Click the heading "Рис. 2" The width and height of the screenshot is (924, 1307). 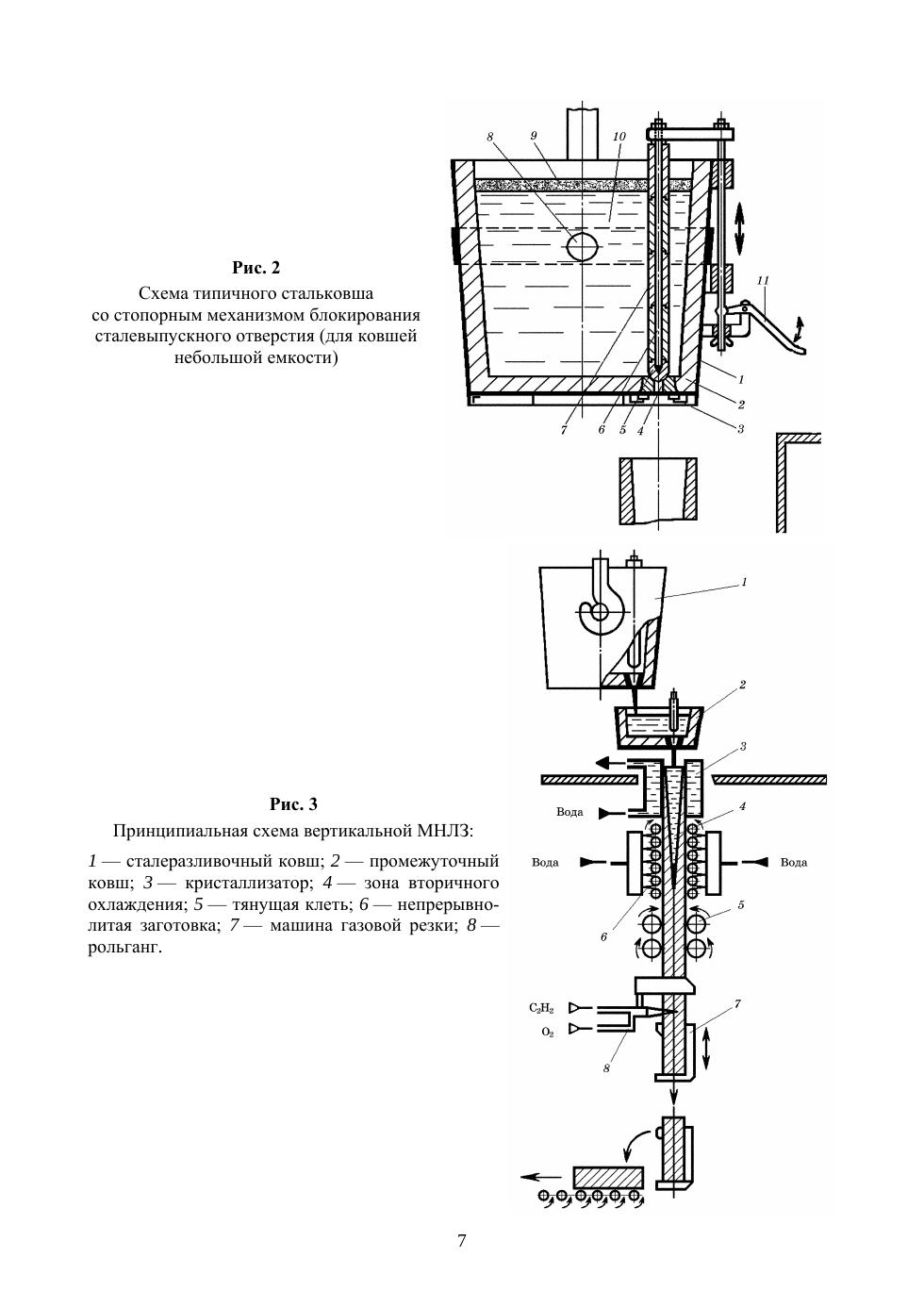(x=256, y=267)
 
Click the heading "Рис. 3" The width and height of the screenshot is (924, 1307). (x=294, y=804)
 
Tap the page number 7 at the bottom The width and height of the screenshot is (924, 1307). (x=461, y=1240)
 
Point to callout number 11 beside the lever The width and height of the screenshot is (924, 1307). (x=763, y=281)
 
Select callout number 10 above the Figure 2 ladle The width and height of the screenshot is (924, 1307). (x=619, y=136)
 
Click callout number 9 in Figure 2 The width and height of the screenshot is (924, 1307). (x=534, y=136)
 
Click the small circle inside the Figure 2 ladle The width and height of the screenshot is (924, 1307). (x=583, y=246)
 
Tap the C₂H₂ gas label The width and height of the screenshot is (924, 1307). (x=541, y=1008)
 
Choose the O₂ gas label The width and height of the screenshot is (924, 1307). (x=547, y=1033)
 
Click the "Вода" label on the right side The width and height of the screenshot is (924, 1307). (x=793, y=863)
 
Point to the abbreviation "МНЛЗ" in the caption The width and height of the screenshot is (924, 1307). (x=443, y=831)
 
